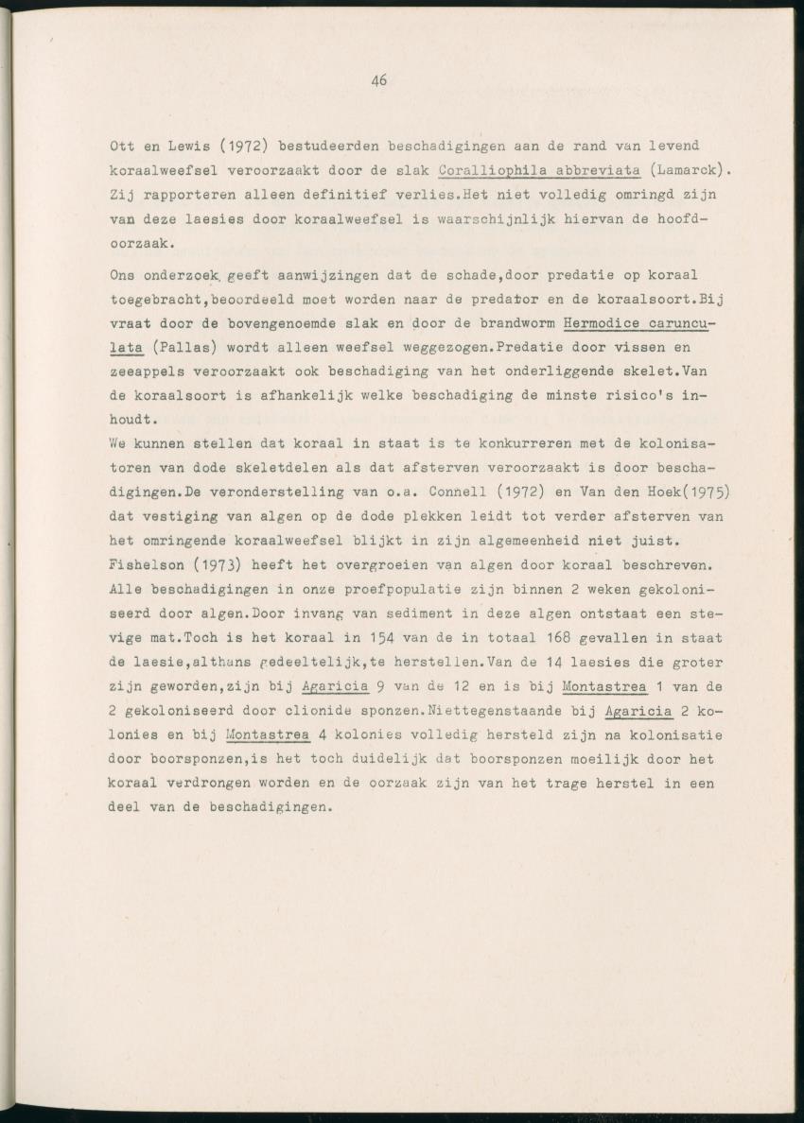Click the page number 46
(x=379, y=81)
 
